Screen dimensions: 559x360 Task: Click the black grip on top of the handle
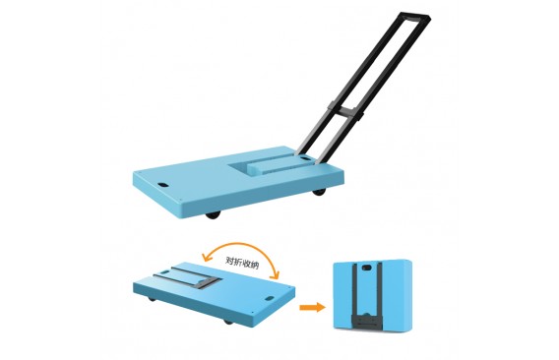(x=414, y=18)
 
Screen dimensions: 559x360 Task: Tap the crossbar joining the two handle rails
(x=346, y=111)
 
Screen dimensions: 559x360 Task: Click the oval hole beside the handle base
(x=305, y=157)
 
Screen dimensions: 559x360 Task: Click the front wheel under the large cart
(x=214, y=215)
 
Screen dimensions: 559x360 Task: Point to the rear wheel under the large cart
(x=319, y=192)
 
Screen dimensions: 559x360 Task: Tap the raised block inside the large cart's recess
(x=272, y=167)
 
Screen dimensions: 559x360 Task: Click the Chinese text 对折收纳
(x=242, y=262)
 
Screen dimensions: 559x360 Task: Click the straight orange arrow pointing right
(x=312, y=307)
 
